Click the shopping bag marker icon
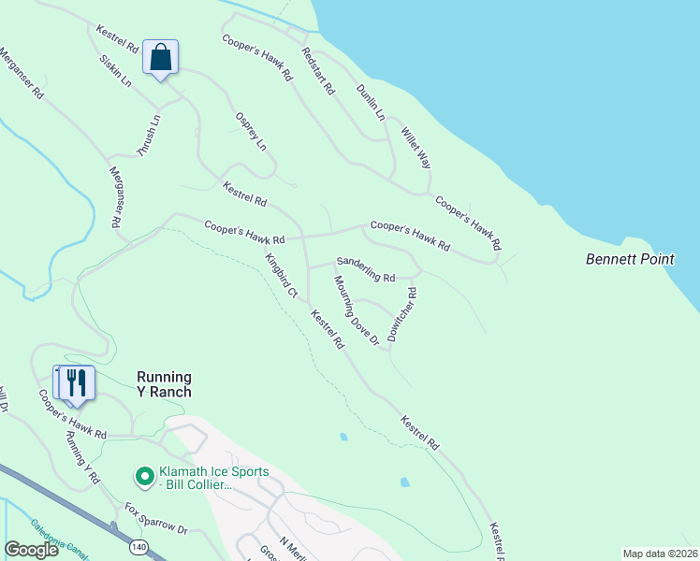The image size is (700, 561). (x=161, y=57)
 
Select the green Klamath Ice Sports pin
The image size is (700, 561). (x=144, y=478)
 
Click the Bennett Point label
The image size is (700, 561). (x=630, y=259)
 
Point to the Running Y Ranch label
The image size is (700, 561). (x=164, y=384)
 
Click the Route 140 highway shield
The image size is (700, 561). (x=139, y=545)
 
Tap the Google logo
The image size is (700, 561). (x=32, y=550)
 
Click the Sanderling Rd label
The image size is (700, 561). (x=366, y=271)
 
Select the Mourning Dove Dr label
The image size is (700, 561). (x=356, y=312)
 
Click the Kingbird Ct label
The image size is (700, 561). (x=281, y=277)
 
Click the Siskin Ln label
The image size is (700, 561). (x=114, y=70)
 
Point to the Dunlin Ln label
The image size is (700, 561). (x=371, y=102)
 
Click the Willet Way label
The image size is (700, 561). (x=416, y=148)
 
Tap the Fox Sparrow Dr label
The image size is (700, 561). (x=156, y=517)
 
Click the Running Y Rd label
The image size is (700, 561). (x=82, y=457)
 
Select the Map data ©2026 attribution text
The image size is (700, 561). (x=660, y=554)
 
